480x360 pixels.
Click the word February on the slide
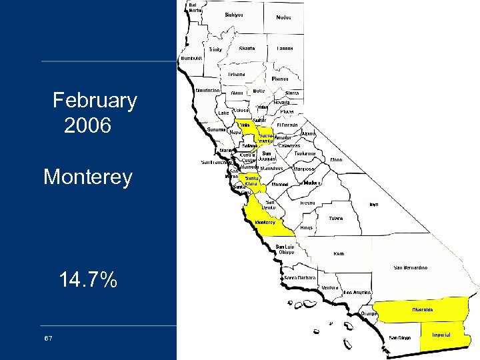click(x=95, y=101)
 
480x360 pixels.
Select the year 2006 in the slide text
click(x=87, y=125)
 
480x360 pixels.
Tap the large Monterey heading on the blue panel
click(x=87, y=177)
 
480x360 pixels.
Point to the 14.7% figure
click(x=88, y=280)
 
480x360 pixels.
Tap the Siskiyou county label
click(x=234, y=14)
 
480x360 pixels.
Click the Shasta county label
click(x=247, y=48)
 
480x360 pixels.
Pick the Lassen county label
click(x=285, y=49)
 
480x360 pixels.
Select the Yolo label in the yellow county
click(x=245, y=125)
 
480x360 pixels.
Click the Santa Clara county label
click(x=253, y=181)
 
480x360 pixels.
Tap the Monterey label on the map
click(x=264, y=222)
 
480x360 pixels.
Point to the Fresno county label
click(x=307, y=202)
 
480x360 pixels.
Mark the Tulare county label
click(x=335, y=218)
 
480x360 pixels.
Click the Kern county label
click(x=339, y=253)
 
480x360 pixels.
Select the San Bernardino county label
click(x=411, y=267)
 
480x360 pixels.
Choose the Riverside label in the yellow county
click(x=422, y=309)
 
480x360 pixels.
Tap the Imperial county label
click(x=441, y=334)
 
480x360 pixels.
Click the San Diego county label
click(x=400, y=337)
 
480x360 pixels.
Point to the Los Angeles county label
click(x=357, y=292)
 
